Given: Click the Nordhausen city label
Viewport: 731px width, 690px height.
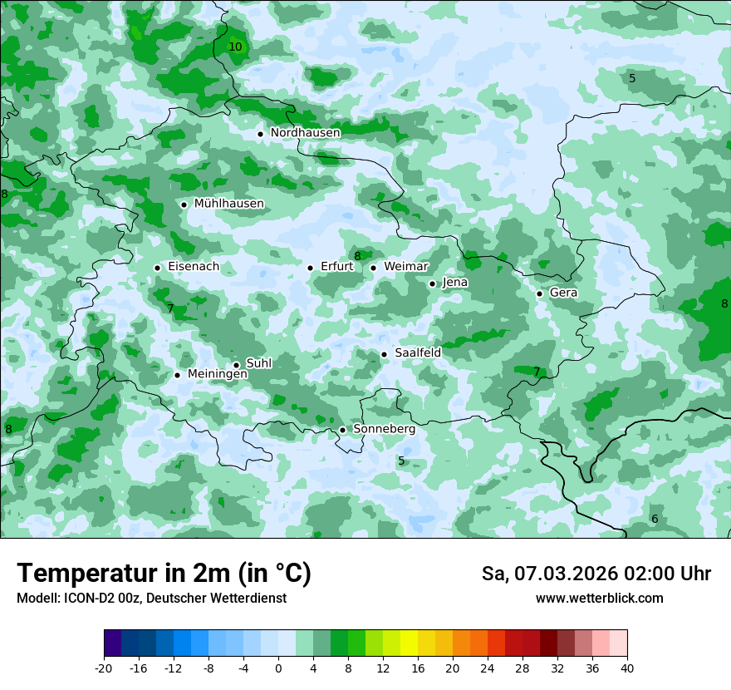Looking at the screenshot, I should tap(305, 133).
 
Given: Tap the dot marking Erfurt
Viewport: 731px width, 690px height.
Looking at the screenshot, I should tap(310, 268).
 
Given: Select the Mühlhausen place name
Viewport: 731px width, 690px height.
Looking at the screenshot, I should tap(228, 204).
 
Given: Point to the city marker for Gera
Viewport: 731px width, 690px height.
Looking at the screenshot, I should tap(539, 293).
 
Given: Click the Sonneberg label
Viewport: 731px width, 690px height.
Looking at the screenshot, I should tap(384, 429).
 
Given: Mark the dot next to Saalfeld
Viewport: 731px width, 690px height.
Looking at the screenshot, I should tap(384, 354).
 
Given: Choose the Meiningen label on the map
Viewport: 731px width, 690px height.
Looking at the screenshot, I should tap(217, 374).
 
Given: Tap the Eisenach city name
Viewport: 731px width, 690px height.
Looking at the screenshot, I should tap(194, 267).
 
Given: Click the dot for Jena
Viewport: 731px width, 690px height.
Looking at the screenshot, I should tap(432, 283).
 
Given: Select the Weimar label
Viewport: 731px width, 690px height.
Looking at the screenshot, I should tap(405, 267).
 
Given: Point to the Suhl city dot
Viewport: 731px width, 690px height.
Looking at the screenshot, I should tap(236, 365).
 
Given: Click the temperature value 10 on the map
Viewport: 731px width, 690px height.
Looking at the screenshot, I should tap(235, 47).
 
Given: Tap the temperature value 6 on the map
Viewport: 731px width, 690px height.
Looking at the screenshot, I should tap(655, 520).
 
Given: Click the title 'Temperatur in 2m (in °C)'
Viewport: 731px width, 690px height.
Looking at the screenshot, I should tap(164, 574).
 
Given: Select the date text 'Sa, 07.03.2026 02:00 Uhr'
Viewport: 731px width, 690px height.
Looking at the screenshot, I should tap(596, 574).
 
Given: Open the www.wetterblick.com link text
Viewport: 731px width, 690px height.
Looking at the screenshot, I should tap(599, 599).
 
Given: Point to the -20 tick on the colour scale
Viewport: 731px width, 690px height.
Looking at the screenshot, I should tap(104, 668).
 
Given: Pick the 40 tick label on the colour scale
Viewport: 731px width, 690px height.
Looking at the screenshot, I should tap(627, 668).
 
